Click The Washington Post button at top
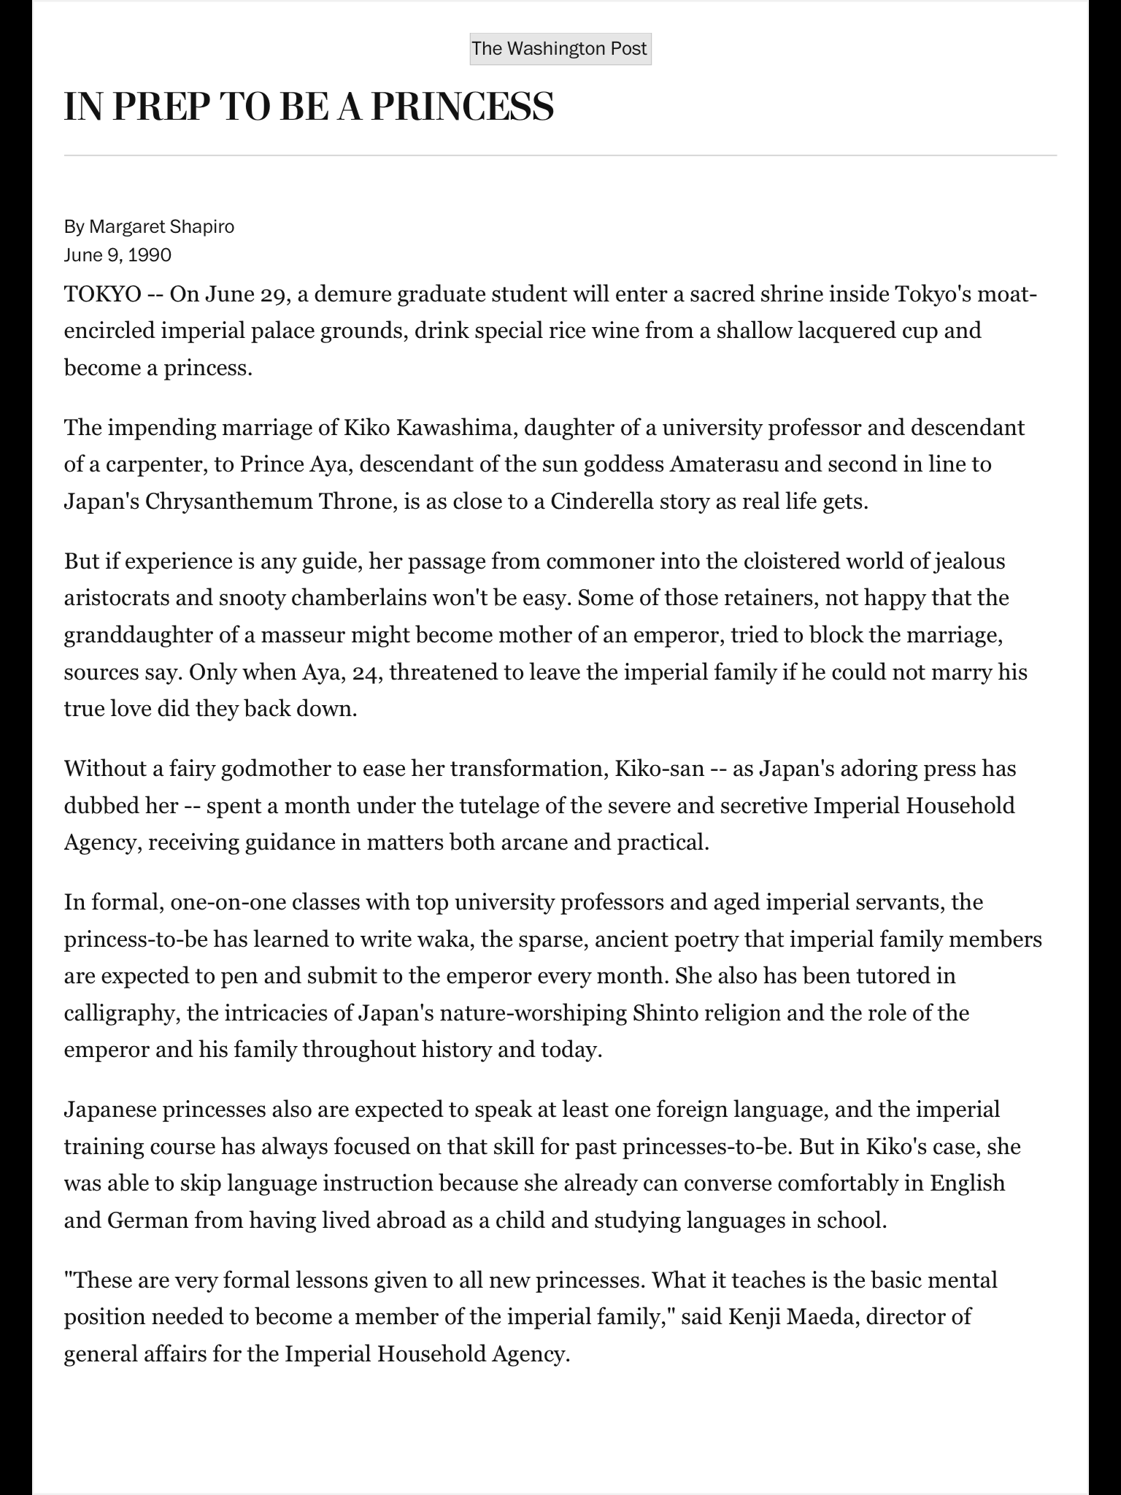(x=560, y=49)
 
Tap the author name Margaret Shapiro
(x=161, y=227)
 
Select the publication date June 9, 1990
(x=118, y=255)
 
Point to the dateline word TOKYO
(x=102, y=295)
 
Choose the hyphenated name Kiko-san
(x=660, y=769)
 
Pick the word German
(x=147, y=1221)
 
